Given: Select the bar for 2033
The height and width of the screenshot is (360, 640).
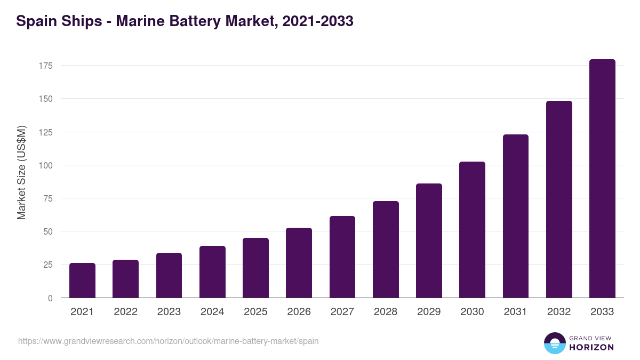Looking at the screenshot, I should [x=602, y=179].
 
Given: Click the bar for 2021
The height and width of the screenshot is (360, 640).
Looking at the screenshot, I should [x=82, y=281].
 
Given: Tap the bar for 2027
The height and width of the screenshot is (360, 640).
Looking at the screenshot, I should [x=342, y=257].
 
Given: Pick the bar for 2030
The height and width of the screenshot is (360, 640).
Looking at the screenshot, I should [x=472, y=230].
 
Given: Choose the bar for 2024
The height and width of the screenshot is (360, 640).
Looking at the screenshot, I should [x=212, y=272].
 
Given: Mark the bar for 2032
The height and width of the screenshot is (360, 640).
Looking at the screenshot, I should [x=559, y=199].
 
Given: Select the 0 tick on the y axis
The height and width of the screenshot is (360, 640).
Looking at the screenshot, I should [x=50, y=298].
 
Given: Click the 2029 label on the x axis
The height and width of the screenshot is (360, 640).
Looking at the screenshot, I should [x=429, y=312].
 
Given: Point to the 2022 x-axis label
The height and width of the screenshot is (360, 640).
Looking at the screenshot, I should [x=125, y=312].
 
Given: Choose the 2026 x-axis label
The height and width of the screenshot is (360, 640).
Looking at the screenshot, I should [x=299, y=312].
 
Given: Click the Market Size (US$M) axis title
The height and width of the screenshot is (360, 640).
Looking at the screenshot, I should [x=21, y=172].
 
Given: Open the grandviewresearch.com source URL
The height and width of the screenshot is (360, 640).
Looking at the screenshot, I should [x=169, y=341].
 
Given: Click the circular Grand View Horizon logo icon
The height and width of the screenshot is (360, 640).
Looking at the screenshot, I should [x=554, y=343].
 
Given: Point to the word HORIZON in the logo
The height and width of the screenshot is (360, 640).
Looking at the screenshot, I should [x=591, y=347].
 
